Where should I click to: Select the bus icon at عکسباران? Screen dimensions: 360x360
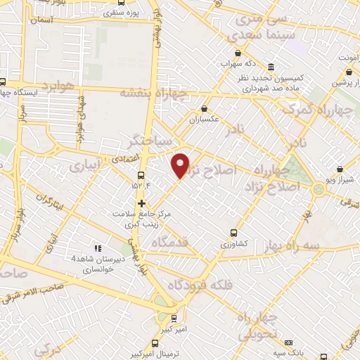coord(204,109)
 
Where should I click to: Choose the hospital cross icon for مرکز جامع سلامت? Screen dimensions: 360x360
coord(143,203)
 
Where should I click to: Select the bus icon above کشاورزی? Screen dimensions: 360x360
coord(234,233)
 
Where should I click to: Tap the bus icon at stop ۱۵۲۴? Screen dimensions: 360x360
coord(141,174)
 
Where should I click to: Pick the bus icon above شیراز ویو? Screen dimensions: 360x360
coord(341,169)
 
